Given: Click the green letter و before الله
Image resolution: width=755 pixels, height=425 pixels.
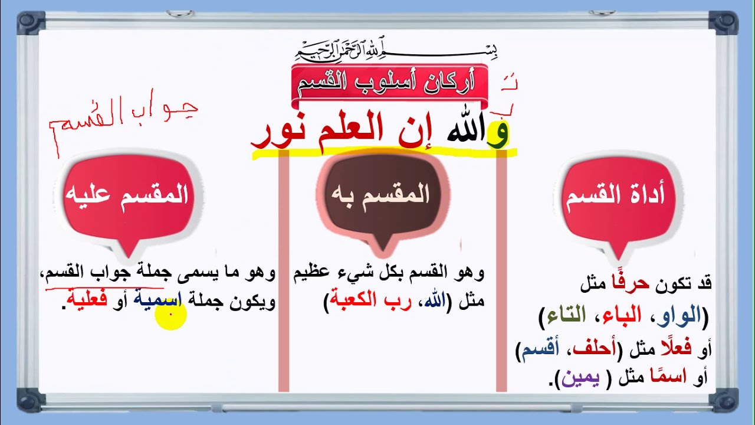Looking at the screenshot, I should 498,133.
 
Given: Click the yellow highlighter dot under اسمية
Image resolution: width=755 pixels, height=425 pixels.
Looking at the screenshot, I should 170,315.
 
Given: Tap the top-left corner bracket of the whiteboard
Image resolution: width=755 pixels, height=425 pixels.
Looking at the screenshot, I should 29,23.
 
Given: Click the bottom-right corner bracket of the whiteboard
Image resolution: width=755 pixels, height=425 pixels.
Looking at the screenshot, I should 725,400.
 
